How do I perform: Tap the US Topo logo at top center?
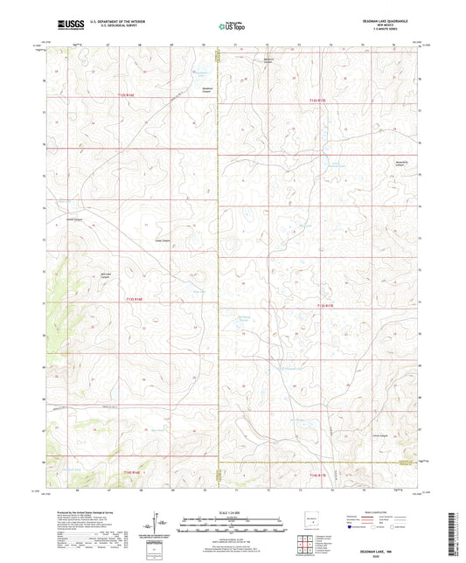[x=232, y=27]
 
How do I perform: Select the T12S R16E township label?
[x=127, y=95]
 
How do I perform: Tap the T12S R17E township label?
[x=317, y=101]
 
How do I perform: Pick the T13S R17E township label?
[x=323, y=305]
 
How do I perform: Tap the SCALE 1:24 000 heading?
[x=232, y=512]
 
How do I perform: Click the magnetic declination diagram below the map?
[x=158, y=525]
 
